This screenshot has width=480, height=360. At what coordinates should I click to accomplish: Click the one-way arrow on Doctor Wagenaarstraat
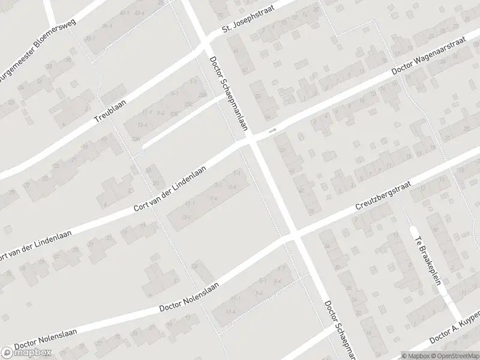click(x=273, y=130)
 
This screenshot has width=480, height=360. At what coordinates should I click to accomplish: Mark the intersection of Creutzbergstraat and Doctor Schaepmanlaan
click(x=292, y=235)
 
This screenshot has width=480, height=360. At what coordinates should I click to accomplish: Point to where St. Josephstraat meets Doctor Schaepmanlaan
click(x=204, y=46)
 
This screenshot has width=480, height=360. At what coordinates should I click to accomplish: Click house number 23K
click(x=137, y=139)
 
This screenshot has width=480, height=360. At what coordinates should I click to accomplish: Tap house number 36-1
click(x=107, y=26)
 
